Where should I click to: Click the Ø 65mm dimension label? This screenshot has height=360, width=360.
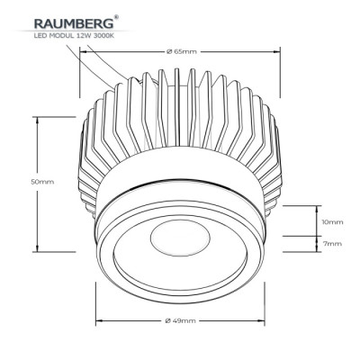pyautogui.click(x=182, y=52)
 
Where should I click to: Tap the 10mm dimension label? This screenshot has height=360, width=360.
pyautogui.click(x=332, y=220)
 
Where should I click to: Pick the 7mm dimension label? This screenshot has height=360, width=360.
pyautogui.click(x=332, y=243)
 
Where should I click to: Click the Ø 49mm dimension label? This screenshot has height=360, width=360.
pyautogui.click(x=181, y=321)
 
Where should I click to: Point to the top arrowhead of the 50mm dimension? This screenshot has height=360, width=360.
pyautogui.click(x=38, y=118)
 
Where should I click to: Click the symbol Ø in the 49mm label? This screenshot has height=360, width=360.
pyautogui.click(x=167, y=321)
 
